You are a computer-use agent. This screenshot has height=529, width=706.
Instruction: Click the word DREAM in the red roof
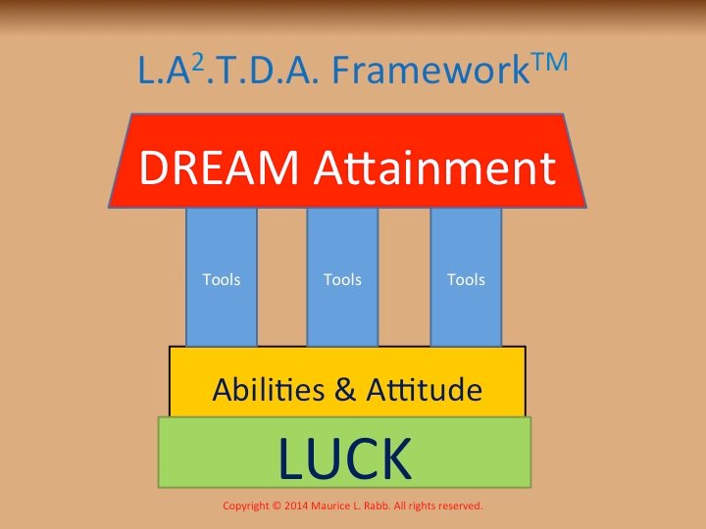[x=219, y=168]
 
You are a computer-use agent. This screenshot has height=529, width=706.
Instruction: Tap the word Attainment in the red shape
[x=435, y=168]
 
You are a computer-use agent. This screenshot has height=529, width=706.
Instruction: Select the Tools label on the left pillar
[x=222, y=280]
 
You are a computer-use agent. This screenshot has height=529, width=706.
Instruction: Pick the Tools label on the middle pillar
[x=342, y=280]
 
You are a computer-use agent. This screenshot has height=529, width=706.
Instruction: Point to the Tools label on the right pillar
[x=466, y=280]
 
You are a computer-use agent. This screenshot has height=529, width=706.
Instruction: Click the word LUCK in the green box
[x=345, y=457]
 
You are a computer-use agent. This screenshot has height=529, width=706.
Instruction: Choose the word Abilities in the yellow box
[x=269, y=389]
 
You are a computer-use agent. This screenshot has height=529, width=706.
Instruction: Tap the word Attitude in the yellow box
[x=425, y=389]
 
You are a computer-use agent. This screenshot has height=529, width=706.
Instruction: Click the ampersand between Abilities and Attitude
[x=345, y=390]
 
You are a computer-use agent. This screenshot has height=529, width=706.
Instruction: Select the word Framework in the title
[x=430, y=71]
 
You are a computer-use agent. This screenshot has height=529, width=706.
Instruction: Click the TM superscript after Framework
[x=549, y=62]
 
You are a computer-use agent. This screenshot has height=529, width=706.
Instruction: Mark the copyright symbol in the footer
[x=277, y=506]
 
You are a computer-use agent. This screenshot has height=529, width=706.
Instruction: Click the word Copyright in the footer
[x=246, y=506]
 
